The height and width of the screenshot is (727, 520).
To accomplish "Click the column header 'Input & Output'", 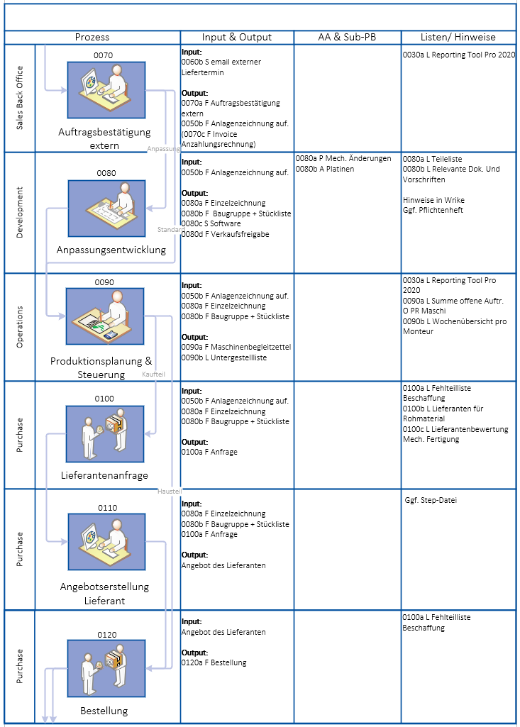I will (x=237, y=38).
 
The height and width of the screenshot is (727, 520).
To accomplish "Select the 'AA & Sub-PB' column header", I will (x=347, y=38).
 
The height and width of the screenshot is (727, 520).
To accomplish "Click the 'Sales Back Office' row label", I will (x=19, y=98).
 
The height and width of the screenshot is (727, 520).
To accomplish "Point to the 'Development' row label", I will (x=19, y=212).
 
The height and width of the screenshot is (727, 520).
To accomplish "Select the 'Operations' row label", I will (x=19, y=327).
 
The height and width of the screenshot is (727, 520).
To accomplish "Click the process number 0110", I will (x=107, y=508).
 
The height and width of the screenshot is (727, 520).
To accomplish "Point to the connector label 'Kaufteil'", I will (x=153, y=373).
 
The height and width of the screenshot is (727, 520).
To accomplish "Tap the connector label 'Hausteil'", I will (x=170, y=491).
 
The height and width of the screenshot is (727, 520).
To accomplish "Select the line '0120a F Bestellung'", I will (x=214, y=663).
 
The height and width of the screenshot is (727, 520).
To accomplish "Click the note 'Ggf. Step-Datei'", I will (x=431, y=500).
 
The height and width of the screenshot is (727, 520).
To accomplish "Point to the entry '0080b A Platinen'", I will (x=325, y=169).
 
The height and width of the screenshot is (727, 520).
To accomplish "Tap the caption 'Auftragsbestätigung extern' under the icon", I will (x=105, y=139).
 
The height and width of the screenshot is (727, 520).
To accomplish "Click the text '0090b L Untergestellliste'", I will (x=223, y=358).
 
